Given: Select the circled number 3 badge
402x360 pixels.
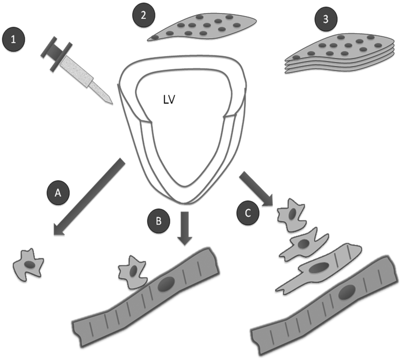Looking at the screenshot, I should (326, 19).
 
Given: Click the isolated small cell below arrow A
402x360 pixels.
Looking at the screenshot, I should (29, 265).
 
